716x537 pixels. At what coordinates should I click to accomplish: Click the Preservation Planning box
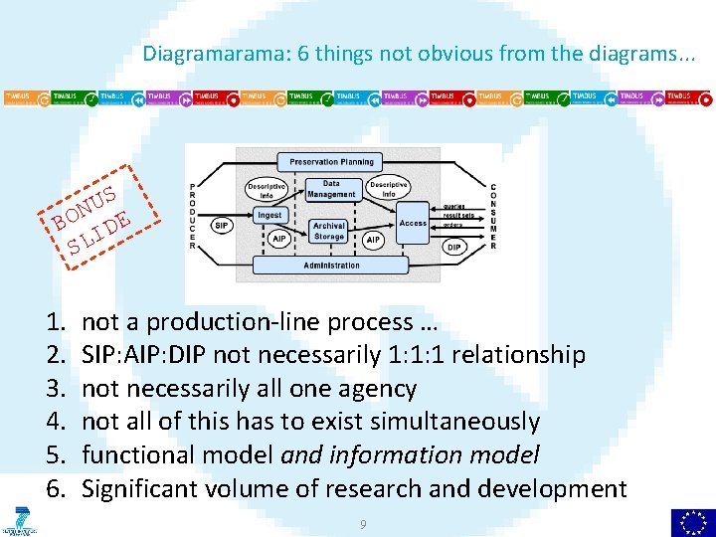pyautogui.click(x=332, y=162)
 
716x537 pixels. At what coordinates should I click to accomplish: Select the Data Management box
pyautogui.click(x=331, y=188)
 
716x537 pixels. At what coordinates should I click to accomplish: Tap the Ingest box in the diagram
pyautogui.click(x=269, y=215)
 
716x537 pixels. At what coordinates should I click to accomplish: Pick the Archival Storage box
pyautogui.click(x=329, y=232)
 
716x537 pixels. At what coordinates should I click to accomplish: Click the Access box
pyautogui.click(x=413, y=223)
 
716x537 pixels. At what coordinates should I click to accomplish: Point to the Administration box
pyautogui.click(x=332, y=266)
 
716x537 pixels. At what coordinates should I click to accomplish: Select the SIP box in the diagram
pyautogui.click(x=223, y=226)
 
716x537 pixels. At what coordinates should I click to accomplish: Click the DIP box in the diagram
pyautogui.click(x=453, y=246)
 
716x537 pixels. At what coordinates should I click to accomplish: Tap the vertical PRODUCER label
pyautogui.click(x=193, y=217)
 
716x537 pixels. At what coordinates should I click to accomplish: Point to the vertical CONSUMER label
pyautogui.click(x=493, y=217)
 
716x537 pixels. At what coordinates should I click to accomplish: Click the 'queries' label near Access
pyautogui.click(x=455, y=205)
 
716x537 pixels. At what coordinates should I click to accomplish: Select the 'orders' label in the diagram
pyautogui.click(x=453, y=225)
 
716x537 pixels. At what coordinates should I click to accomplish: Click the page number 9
pyautogui.click(x=363, y=523)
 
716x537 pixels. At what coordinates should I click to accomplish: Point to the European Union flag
pyautogui.click(x=692, y=521)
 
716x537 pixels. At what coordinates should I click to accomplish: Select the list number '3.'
pyautogui.click(x=55, y=389)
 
